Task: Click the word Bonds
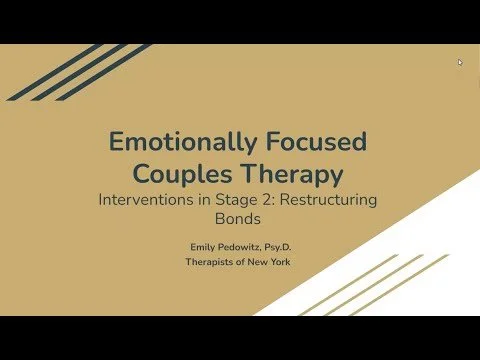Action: pos(240,218)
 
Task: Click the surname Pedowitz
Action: pos(243,246)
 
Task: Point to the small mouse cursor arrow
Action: pos(460,62)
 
